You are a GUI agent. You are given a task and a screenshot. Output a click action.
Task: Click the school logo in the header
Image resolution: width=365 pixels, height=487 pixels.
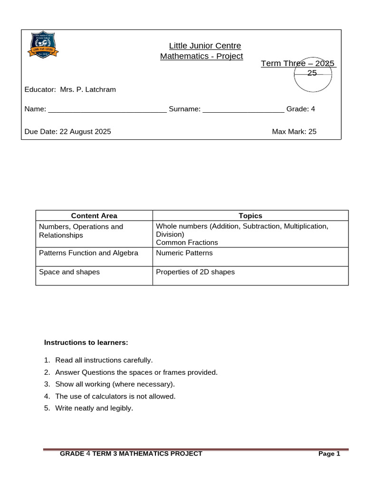coord(44,46)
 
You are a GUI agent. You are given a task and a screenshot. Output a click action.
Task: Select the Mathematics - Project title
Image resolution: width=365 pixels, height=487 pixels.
coord(202,56)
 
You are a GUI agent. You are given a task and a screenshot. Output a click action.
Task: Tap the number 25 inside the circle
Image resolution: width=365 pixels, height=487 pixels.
coord(312,73)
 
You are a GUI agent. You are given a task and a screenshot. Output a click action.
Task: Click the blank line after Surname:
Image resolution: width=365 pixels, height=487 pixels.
coord(243,110)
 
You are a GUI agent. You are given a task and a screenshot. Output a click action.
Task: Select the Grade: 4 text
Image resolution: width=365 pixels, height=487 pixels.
coord(300,109)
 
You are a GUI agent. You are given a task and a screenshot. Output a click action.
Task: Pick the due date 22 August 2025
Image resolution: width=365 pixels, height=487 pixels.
coord(85,131)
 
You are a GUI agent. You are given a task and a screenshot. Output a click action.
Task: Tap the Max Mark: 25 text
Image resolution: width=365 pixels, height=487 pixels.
coord(294,131)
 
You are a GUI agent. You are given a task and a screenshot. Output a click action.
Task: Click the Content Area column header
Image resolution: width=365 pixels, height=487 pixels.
coord(94,216)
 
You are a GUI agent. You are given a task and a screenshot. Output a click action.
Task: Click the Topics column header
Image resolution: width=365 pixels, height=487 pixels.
coord(250,216)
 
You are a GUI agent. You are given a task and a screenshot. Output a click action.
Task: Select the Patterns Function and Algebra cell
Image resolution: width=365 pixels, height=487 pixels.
coord(88,253)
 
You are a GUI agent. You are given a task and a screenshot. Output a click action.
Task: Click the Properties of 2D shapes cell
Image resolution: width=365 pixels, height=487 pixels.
coord(195,272)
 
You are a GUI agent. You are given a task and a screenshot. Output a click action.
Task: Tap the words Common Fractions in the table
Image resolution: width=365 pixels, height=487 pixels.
coord(187,243)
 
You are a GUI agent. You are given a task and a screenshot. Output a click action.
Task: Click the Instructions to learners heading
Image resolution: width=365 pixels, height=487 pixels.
coord(86,342)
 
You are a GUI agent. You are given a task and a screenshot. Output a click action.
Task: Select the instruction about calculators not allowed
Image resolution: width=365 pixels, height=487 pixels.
coord(115,396)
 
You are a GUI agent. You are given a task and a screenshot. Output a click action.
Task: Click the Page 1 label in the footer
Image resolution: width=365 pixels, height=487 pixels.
coord(329,454)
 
